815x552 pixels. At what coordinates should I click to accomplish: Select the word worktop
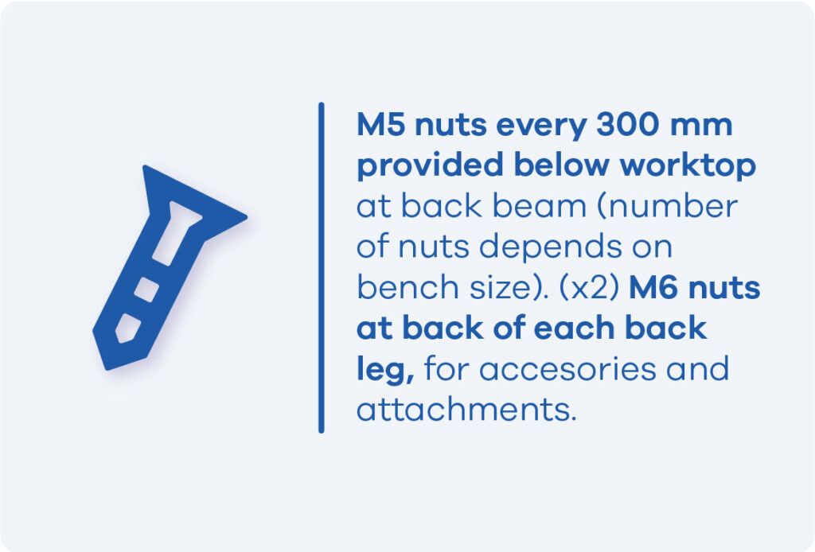coord(688,166)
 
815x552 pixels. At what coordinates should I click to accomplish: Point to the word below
coord(562,165)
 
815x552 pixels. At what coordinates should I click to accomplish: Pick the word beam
coord(540,206)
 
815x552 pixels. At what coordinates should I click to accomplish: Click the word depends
coord(550,247)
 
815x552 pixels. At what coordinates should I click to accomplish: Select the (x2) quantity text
coord(589,288)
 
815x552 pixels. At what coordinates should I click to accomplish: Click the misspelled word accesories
coord(567,370)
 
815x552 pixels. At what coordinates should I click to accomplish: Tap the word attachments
coord(466,410)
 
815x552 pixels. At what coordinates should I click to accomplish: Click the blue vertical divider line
coord(322,267)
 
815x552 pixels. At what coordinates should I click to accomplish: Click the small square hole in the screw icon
coord(146,290)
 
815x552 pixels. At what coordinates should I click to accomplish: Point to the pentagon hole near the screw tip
coord(128,328)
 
